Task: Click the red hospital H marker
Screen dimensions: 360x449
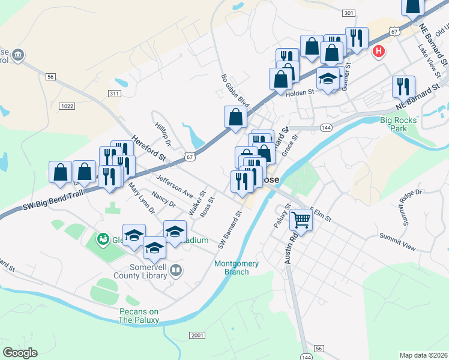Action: point(378,51)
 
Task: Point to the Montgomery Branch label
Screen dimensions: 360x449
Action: point(237,268)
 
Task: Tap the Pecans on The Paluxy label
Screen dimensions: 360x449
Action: point(139,316)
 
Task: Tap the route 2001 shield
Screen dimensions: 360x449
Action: point(197,335)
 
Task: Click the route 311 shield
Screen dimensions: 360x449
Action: point(114,94)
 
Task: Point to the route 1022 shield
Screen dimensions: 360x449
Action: point(67,106)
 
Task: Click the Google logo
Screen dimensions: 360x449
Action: point(20,353)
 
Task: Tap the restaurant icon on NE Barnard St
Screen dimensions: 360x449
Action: point(403,86)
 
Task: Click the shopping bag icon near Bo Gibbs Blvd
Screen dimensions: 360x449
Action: point(235,117)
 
